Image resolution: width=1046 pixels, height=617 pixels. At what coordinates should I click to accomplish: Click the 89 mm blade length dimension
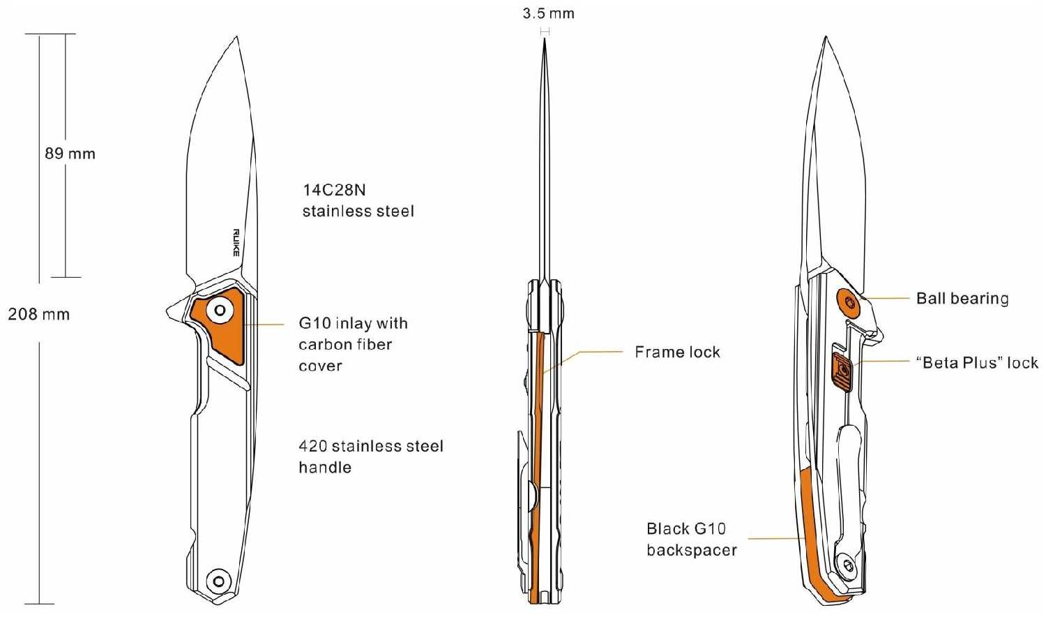pyautogui.click(x=70, y=154)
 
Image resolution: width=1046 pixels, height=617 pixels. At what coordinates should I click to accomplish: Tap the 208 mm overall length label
pyautogui.click(x=39, y=314)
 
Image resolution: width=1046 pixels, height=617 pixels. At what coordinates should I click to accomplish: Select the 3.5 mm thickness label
pyautogui.click(x=548, y=13)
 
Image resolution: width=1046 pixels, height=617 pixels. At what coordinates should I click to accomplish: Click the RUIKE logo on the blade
pyautogui.click(x=236, y=243)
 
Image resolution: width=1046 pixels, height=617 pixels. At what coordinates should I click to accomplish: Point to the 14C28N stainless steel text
pyautogui.click(x=358, y=200)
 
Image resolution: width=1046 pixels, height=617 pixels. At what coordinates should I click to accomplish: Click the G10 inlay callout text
pyautogui.click(x=353, y=345)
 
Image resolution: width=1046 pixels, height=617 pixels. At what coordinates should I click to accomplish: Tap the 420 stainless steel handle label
pyautogui.click(x=371, y=456)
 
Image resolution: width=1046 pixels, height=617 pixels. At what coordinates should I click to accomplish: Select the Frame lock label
pyautogui.click(x=677, y=352)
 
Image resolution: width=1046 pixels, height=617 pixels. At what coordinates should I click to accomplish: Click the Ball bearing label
pyautogui.click(x=962, y=298)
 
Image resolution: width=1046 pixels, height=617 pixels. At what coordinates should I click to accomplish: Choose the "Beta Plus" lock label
pyautogui.click(x=977, y=363)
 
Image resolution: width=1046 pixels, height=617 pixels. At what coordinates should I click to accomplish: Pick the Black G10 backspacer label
pyautogui.click(x=692, y=540)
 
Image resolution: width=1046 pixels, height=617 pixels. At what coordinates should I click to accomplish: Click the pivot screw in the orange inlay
pyautogui.click(x=220, y=310)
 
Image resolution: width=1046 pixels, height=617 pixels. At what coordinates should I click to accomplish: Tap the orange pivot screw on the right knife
pyautogui.click(x=848, y=302)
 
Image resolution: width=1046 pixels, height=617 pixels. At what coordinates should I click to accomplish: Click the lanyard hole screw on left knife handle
pyautogui.click(x=218, y=581)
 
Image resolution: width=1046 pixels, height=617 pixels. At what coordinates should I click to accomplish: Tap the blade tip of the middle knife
pyautogui.click(x=545, y=39)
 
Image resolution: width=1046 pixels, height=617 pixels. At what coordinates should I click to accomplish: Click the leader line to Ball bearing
pyautogui.click(x=886, y=298)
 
